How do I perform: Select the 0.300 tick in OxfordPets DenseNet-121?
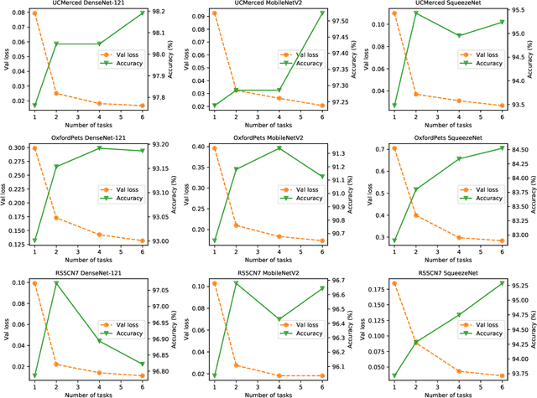(x=15, y=148)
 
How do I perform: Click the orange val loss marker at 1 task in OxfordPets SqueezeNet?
(x=394, y=148)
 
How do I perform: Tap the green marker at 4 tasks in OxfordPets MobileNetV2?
(x=279, y=148)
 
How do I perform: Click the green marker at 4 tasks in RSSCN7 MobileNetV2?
(x=279, y=319)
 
